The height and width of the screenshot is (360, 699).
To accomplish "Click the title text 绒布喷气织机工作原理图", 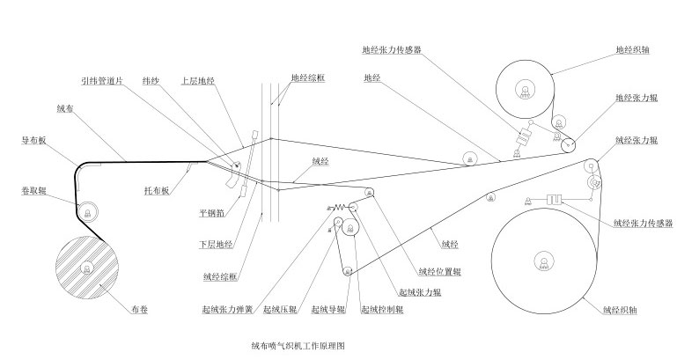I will click(298, 346).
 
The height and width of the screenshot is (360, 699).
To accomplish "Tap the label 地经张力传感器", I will click(392, 50).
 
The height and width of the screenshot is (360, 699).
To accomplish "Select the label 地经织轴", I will click(634, 50).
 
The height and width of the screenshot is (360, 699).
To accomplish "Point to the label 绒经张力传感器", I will click(643, 224).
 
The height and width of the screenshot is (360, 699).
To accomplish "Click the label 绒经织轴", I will click(622, 309).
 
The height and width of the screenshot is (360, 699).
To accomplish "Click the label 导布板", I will click(33, 139).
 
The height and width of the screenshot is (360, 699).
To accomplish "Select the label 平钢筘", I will click(214, 212).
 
